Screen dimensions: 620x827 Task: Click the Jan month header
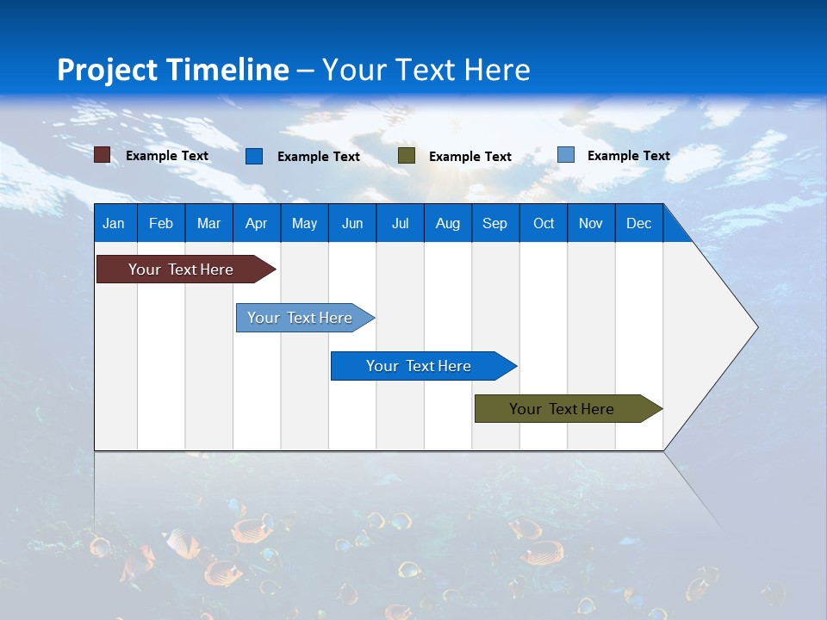tap(114, 223)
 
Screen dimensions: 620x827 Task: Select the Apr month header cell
tap(256, 223)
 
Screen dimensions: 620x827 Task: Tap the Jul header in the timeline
tap(400, 223)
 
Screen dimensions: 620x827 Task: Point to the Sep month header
tap(494, 223)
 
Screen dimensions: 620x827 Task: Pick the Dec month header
tap(638, 223)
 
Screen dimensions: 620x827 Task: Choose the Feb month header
tap(161, 223)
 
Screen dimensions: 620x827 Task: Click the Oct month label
tap(544, 223)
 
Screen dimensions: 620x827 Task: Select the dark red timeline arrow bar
tap(181, 270)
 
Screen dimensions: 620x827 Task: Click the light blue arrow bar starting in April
tap(300, 318)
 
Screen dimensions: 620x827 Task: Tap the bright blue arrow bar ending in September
tap(419, 366)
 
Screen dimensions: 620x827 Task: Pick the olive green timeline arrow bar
tap(562, 409)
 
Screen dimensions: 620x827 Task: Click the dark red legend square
tap(103, 155)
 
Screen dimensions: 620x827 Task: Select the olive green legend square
tap(407, 156)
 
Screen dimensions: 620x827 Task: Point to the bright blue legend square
tap(254, 156)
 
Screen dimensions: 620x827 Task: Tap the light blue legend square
tap(566, 155)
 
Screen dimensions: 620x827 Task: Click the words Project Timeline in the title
tap(173, 70)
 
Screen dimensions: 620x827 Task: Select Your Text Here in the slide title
tap(426, 70)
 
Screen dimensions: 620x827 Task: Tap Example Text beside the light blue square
tap(628, 156)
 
